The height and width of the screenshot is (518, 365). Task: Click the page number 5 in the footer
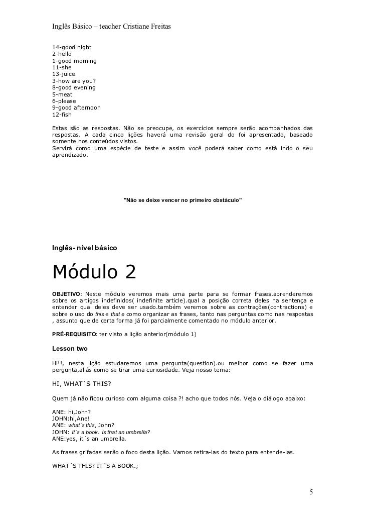click(311, 491)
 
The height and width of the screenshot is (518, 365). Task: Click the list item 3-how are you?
click(74, 80)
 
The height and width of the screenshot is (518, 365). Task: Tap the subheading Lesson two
click(70, 348)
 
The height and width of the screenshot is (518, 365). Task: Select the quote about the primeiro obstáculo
click(182, 200)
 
